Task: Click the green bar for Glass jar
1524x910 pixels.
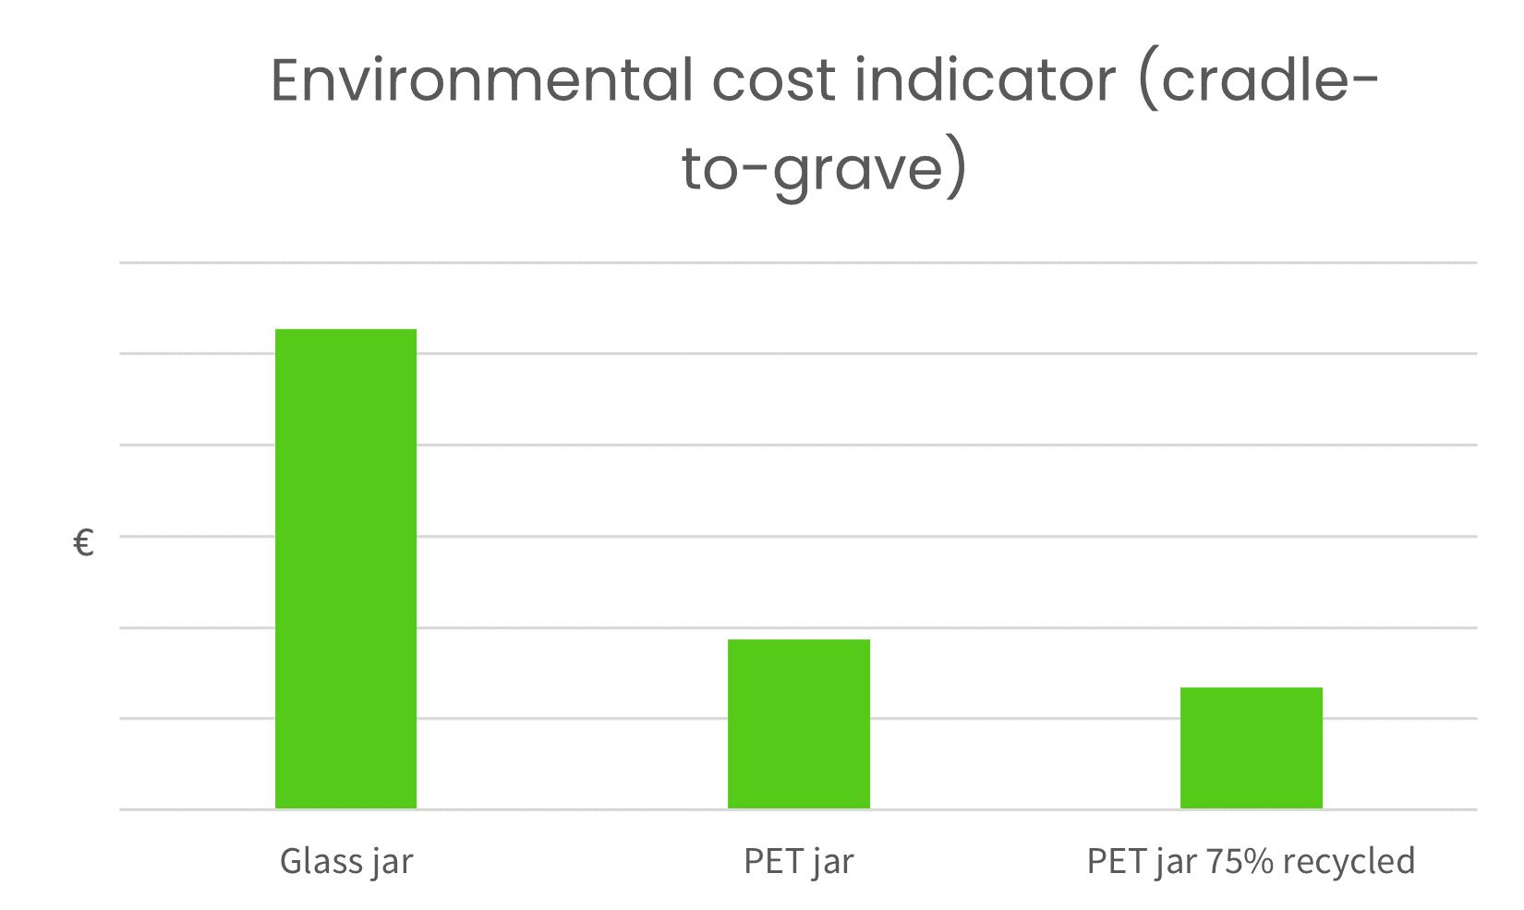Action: point(345,568)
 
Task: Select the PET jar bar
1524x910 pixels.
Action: point(798,723)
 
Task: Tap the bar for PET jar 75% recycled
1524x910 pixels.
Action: point(1251,747)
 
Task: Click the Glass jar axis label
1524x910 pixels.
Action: point(345,861)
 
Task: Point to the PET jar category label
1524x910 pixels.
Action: point(798,861)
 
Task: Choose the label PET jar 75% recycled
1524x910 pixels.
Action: point(1251,861)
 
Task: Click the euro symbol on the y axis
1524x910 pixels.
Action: point(83,543)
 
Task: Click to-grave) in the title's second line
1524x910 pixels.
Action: point(824,169)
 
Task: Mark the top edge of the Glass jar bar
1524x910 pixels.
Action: point(345,330)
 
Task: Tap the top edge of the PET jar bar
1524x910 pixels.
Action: point(798,640)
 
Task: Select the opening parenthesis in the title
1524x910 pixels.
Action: point(1149,80)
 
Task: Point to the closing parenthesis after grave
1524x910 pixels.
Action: point(958,169)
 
